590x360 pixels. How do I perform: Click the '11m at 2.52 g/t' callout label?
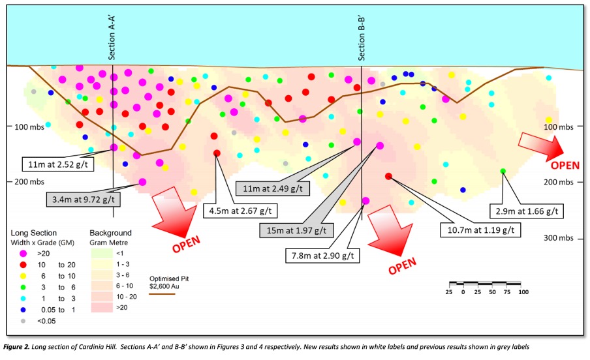pyautogui.click(x=57, y=164)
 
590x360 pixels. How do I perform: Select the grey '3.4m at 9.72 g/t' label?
pyautogui.click(x=83, y=200)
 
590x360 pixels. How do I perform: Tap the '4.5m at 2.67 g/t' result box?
pyautogui.click(x=240, y=211)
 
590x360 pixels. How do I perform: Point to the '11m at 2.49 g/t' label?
pyautogui.click(x=272, y=188)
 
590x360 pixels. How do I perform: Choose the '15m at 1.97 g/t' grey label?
pyautogui.click(x=296, y=230)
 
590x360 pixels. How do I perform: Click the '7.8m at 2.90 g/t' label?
pyautogui.click(x=323, y=256)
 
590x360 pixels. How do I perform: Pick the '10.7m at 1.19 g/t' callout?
pyautogui.click(x=480, y=230)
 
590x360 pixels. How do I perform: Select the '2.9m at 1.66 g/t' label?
pyautogui.click(x=527, y=211)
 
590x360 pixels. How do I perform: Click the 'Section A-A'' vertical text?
pyautogui.click(x=112, y=38)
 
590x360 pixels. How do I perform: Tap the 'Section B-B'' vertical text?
pyautogui.click(x=361, y=38)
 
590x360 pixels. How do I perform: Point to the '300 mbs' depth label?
pyautogui.click(x=559, y=238)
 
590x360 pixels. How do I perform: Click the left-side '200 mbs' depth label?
pyautogui.click(x=29, y=182)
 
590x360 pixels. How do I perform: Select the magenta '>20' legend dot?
pyautogui.click(x=23, y=254)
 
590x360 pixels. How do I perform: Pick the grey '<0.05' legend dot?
pyautogui.click(x=23, y=321)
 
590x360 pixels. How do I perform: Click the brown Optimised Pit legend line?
pyautogui.click(x=162, y=293)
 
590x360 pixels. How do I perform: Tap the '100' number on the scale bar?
pyautogui.click(x=523, y=292)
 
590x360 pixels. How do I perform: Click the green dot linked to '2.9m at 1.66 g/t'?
pyautogui.click(x=503, y=171)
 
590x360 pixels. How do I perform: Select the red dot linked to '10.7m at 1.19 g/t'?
pyautogui.click(x=389, y=176)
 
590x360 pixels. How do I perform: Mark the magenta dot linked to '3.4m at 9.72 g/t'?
pyautogui.click(x=142, y=182)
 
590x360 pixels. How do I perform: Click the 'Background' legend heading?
pyautogui.click(x=111, y=233)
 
